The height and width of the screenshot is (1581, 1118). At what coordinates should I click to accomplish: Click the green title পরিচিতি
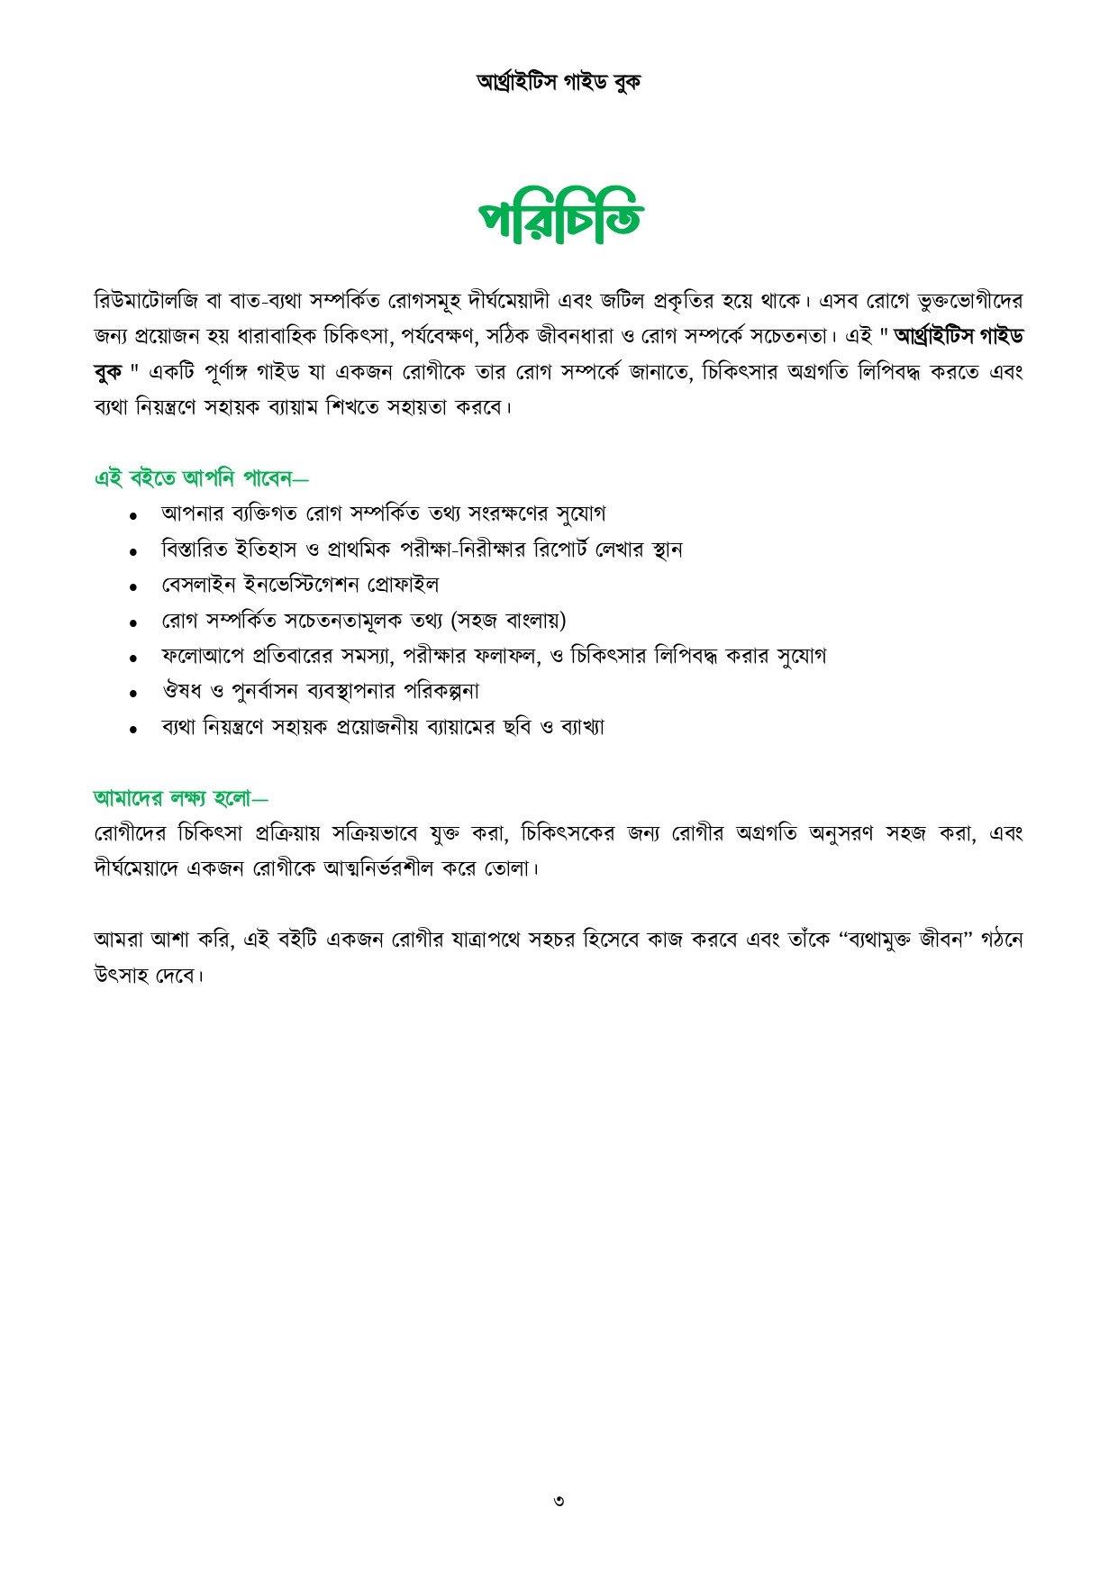(x=559, y=218)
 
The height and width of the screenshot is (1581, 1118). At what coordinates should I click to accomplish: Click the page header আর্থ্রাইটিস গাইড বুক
(x=559, y=82)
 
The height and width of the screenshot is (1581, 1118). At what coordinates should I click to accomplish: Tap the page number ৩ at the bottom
(x=559, y=1501)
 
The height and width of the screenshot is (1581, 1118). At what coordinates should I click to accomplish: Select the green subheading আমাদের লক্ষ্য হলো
(x=180, y=797)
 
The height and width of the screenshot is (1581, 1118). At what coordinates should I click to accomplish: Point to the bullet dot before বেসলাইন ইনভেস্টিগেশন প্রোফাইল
(x=133, y=587)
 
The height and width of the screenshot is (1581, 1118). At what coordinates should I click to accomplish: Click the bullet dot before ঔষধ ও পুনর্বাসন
(x=133, y=694)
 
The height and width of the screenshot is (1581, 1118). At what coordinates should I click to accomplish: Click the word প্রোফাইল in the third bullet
(x=403, y=585)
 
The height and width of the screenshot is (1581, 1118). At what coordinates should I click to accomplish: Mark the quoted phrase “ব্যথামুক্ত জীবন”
(x=919, y=940)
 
